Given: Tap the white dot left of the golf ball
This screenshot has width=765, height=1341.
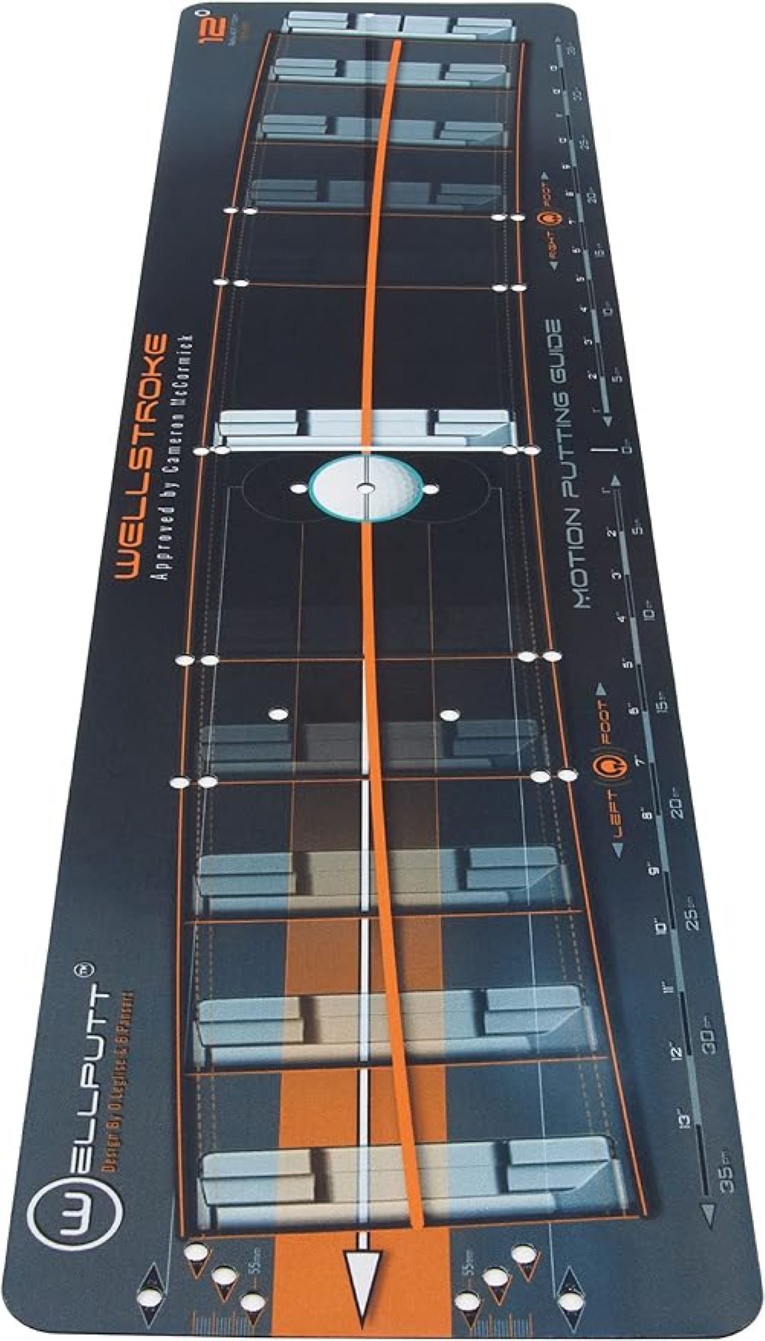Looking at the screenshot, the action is (299, 489).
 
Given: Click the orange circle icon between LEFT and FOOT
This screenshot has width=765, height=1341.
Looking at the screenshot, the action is (610, 767).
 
